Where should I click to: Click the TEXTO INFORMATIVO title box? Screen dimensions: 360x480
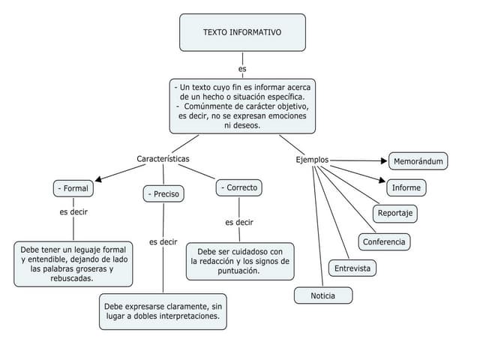point(242,32)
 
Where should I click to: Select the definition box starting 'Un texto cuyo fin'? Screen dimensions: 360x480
point(242,106)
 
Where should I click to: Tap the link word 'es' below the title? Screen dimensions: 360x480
point(242,69)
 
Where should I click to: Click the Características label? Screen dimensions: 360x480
point(163,159)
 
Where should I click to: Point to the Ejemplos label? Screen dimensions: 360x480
point(311,160)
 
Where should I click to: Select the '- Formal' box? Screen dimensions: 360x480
point(73,188)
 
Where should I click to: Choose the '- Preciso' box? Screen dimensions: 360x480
point(163,194)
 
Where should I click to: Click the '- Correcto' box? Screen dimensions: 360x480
point(239,187)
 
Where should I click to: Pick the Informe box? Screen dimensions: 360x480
point(406,187)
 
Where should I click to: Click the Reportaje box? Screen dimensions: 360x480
point(395,213)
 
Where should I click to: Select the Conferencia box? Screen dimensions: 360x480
point(384,241)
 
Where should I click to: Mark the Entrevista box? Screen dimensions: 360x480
point(352,268)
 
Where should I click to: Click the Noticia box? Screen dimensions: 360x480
point(322,295)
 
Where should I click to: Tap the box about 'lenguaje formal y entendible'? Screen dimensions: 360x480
point(73,263)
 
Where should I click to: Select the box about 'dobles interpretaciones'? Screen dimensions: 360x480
point(163,311)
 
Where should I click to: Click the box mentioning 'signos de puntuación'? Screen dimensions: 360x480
point(239,261)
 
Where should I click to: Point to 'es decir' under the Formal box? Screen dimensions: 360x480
point(73,212)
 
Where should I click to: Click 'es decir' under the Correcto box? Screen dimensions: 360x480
point(239,222)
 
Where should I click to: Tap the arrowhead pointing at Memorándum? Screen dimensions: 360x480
point(383,160)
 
